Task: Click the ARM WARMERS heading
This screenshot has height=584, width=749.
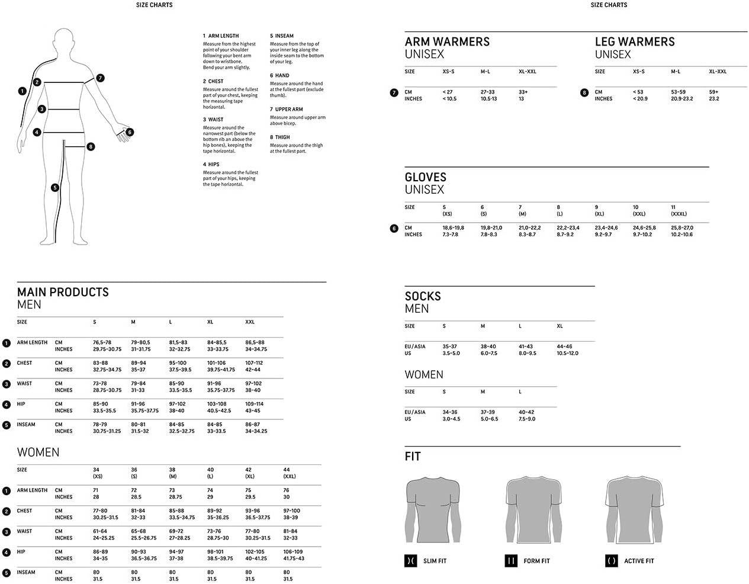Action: click(447, 42)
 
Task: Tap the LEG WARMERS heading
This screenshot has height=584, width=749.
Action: click(635, 42)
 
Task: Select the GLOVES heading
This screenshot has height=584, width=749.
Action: click(425, 177)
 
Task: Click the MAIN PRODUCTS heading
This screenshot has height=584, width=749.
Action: click(63, 292)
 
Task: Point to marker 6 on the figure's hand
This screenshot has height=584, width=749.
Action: click(130, 132)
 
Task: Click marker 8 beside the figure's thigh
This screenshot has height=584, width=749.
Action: click(91, 146)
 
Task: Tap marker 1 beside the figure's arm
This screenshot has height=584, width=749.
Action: click(22, 91)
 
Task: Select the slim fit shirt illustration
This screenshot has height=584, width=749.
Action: click(433, 511)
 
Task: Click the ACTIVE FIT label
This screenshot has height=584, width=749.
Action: click(639, 561)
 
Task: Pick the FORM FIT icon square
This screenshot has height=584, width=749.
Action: click(511, 561)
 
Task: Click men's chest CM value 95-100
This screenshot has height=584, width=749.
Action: click(178, 363)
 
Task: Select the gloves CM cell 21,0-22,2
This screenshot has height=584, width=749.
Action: click(529, 228)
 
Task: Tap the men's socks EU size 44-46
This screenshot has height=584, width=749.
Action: click(564, 346)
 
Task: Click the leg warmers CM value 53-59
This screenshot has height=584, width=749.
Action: click(678, 92)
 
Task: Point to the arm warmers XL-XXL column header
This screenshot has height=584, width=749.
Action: click(527, 72)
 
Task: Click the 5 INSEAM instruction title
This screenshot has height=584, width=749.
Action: click(282, 36)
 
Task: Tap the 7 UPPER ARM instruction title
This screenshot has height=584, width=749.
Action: click(287, 110)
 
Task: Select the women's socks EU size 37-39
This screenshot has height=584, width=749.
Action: click(488, 412)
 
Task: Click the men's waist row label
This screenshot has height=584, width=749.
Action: click(24, 384)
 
